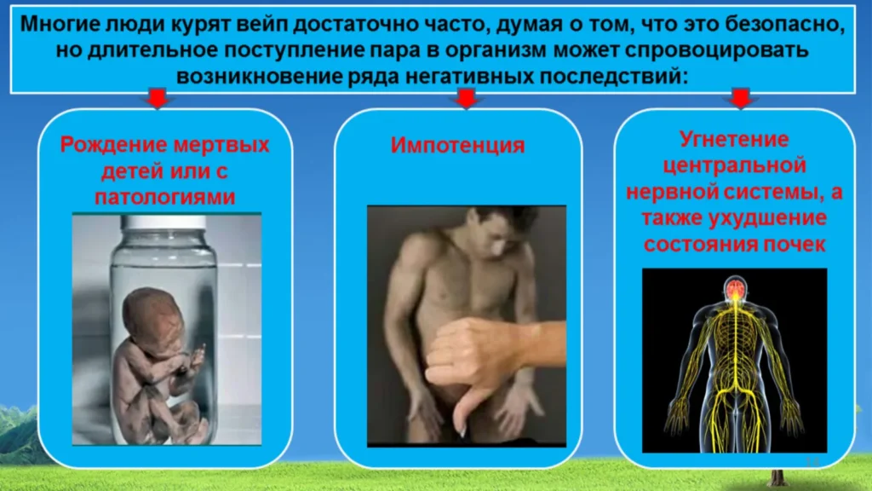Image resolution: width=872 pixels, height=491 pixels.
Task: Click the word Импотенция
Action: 457,145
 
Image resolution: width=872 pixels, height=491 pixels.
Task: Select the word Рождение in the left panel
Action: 113,145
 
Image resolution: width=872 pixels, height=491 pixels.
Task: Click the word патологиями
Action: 165,197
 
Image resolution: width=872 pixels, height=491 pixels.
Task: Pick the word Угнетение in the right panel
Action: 734,139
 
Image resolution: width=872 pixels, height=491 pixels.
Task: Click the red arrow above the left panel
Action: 158,98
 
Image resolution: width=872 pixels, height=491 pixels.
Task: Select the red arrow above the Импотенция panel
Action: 466,98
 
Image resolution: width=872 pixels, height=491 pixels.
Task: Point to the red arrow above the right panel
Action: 740,98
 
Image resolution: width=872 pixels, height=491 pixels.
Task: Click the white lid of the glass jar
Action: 163,222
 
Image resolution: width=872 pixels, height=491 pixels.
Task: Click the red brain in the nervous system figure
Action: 735,288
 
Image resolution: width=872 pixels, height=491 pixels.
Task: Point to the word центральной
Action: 734,165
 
